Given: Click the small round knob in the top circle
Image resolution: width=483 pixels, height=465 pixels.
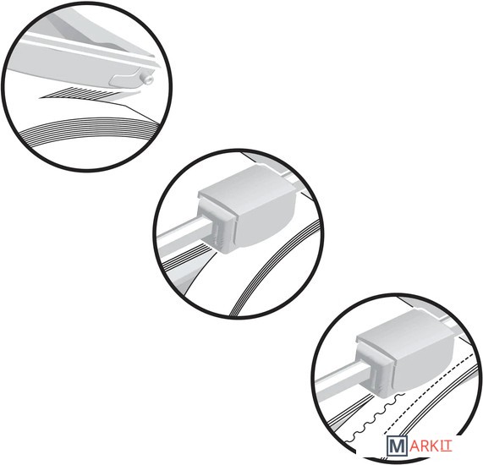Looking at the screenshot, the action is coord(147,79).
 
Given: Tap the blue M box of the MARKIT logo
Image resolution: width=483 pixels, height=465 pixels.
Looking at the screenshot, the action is coord(397,446).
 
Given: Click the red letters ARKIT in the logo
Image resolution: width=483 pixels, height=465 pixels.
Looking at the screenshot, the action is coord(431,446).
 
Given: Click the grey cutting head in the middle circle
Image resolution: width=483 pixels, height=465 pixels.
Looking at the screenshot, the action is coord(246,209).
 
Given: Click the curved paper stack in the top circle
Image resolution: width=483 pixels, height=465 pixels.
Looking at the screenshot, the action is coord(90,131).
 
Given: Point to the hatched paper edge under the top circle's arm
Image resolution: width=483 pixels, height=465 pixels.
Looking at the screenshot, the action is coord(91,93).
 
